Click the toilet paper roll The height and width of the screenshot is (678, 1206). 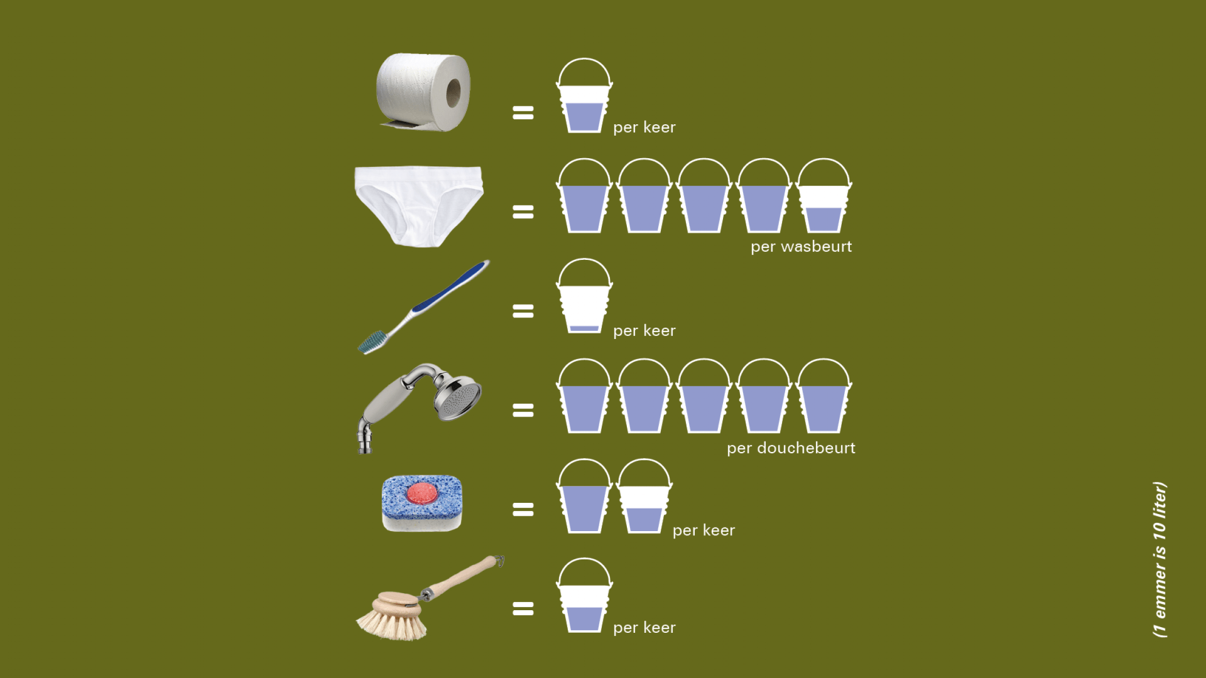pos(423,92)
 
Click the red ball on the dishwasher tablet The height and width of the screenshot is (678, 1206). pos(421,494)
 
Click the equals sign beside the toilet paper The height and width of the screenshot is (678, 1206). pos(523,113)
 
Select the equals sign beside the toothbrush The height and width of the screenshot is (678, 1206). pos(523,311)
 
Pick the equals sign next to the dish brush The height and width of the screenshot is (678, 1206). pos(523,608)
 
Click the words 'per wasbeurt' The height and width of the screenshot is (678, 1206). pos(801,247)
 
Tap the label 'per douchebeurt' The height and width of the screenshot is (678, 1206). pos(791,448)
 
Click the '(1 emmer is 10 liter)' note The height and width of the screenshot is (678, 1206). pos(1160,559)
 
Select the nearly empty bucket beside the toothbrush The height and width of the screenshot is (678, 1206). pos(584,296)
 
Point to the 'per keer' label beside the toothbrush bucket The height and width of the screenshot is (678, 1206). pos(644,331)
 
